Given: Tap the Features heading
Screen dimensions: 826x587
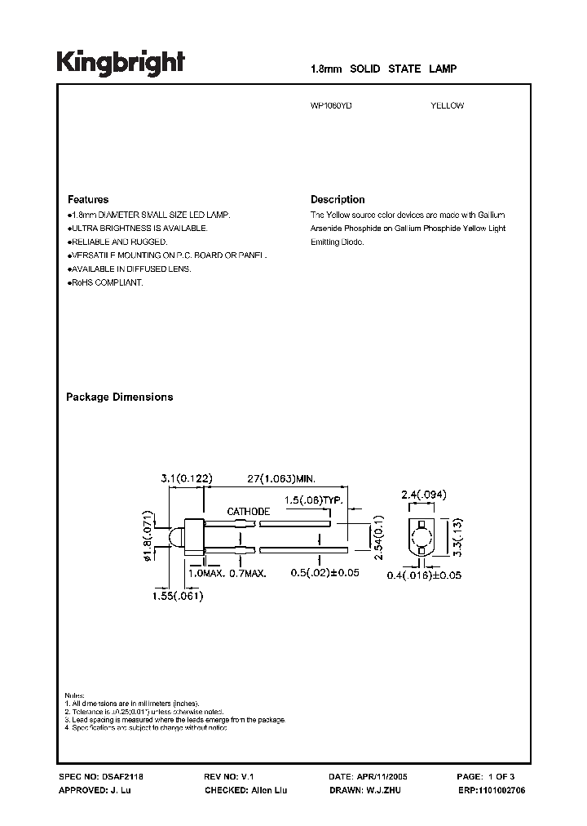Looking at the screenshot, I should [87, 200].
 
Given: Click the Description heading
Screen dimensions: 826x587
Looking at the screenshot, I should [338, 200].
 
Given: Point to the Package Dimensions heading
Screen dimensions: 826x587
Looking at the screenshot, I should [119, 397].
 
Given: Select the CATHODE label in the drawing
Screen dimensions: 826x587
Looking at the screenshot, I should [249, 512].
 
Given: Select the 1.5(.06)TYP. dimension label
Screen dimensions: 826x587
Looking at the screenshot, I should [307, 500].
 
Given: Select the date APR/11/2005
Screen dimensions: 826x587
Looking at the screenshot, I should [387, 777].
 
